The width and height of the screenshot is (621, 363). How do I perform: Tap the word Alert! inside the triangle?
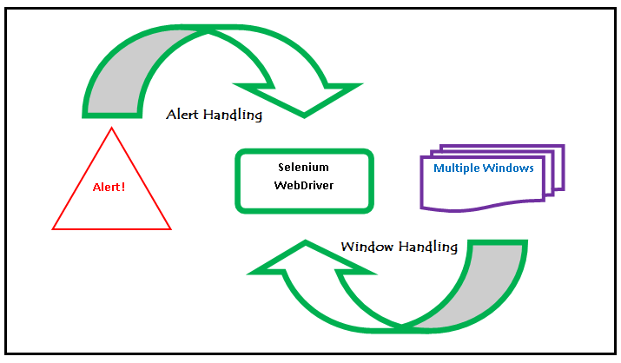click(x=109, y=187)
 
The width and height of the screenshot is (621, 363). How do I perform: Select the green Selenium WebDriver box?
click(x=304, y=181)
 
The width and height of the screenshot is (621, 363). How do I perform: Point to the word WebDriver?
click(x=304, y=185)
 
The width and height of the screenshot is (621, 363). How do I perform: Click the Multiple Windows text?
click(x=484, y=168)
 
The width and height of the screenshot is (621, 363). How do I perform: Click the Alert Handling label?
click(x=214, y=115)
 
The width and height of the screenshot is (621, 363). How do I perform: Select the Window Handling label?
click(x=399, y=247)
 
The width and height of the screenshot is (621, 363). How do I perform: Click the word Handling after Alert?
click(x=232, y=115)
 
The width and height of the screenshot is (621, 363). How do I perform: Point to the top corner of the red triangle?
click(x=111, y=128)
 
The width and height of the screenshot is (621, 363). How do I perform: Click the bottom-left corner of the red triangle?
click(x=54, y=229)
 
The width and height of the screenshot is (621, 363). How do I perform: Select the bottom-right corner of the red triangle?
click(x=170, y=229)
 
